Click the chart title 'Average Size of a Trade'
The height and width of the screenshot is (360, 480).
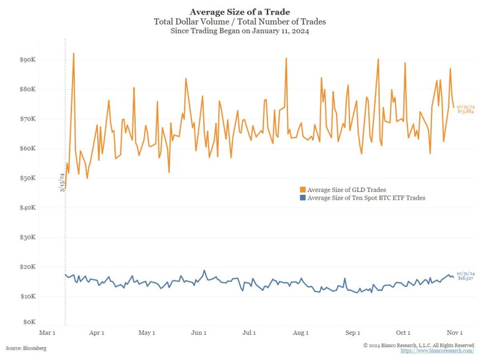pos(239,11)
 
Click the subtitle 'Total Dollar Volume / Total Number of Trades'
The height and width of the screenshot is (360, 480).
pos(239,21)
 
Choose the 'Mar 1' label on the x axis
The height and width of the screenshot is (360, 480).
pos(47,333)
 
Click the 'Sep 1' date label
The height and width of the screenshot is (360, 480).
pos(352,333)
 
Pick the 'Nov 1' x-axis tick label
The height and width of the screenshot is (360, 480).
pos(455,333)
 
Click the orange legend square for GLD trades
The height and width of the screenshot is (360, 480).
pos(303,190)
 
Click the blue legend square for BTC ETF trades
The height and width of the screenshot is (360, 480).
pos(303,198)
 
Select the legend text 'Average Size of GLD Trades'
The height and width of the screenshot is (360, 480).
pos(347,190)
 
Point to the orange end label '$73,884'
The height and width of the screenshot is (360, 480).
pos(465,112)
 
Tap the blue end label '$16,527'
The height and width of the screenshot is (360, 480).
pos(465,277)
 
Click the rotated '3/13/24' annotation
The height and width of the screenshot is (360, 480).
pos(63,182)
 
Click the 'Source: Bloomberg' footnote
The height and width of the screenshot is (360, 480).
pos(26,348)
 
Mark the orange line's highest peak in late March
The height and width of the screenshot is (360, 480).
pos(74,54)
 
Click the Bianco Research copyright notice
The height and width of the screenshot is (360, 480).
pos(419,345)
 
